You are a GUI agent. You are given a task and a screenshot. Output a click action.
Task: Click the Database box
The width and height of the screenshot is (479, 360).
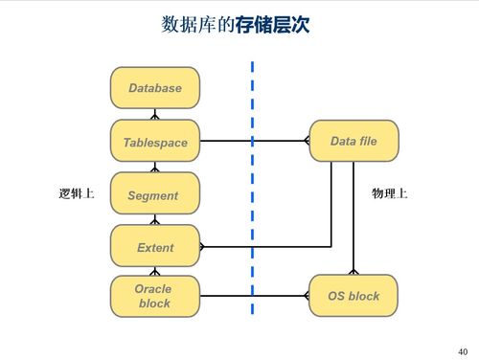[x=154, y=87]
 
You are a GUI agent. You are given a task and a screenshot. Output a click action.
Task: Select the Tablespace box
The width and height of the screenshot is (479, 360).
[x=154, y=142]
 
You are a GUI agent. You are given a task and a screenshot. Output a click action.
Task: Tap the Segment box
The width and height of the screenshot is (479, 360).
[x=154, y=194]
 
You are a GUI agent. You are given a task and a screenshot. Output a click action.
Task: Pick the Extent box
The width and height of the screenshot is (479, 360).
[x=154, y=246]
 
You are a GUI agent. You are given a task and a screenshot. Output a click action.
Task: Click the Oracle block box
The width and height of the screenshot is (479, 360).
[x=154, y=296]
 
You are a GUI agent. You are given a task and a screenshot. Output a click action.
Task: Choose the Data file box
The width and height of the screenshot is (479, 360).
[x=353, y=141]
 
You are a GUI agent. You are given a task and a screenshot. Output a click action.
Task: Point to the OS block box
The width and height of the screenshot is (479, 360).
[x=353, y=296]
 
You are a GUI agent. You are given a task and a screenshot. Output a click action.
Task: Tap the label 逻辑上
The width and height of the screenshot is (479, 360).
[x=76, y=194]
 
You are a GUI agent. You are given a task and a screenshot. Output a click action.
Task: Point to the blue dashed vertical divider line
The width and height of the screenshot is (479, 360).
[x=252, y=191]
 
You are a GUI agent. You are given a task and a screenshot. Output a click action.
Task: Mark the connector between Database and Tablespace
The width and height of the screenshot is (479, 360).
[x=154, y=114]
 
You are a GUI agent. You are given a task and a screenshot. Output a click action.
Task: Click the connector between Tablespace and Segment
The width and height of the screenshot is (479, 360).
[x=154, y=168]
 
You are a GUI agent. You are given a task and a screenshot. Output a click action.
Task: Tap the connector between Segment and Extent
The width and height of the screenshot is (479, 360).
[x=154, y=220]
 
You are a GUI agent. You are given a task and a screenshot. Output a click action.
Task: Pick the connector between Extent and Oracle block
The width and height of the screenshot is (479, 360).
[x=154, y=271]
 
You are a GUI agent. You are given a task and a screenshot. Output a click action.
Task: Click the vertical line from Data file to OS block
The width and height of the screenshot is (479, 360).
[x=354, y=220]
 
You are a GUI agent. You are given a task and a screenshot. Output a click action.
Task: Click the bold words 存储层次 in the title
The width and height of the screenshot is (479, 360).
[x=273, y=25]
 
